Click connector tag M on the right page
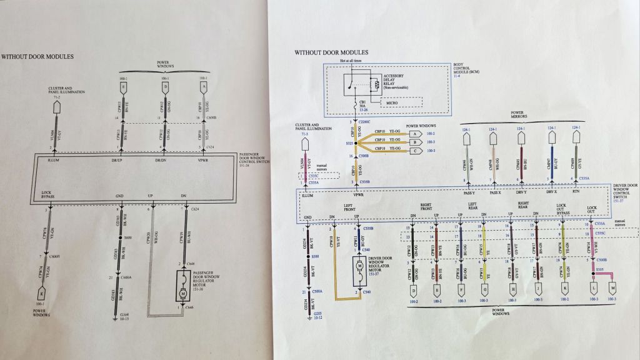tap(612, 290)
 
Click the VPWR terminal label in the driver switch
tap(358, 195)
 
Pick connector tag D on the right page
tap(413, 290)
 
